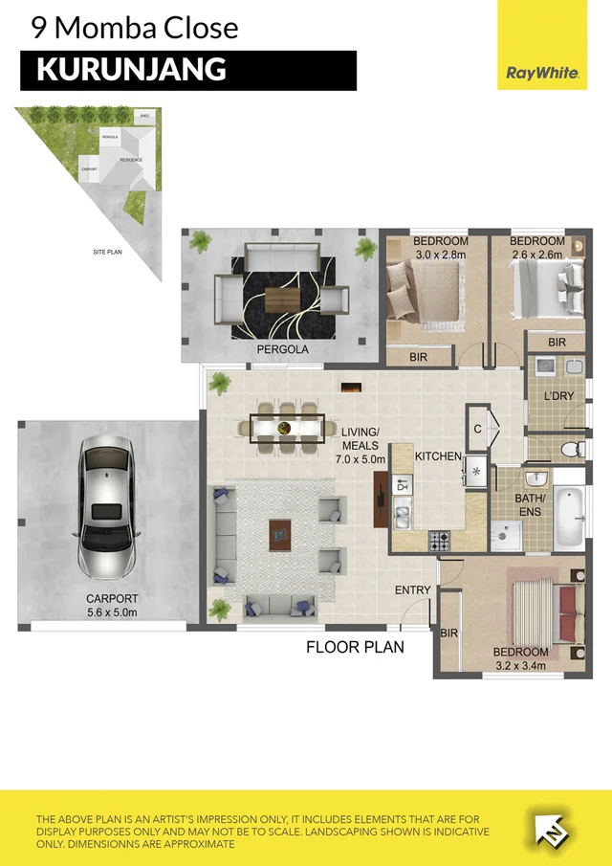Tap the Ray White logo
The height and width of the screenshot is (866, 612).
(541, 73)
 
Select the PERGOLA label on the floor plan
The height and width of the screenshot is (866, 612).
(283, 350)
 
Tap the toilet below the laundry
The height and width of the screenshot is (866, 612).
(570, 450)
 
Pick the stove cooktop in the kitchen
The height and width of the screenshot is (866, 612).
(439, 541)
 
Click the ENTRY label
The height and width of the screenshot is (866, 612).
(413, 590)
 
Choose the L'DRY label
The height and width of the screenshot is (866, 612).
(558, 395)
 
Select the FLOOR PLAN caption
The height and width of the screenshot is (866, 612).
(355, 647)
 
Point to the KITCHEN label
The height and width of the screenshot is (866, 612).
(438, 456)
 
